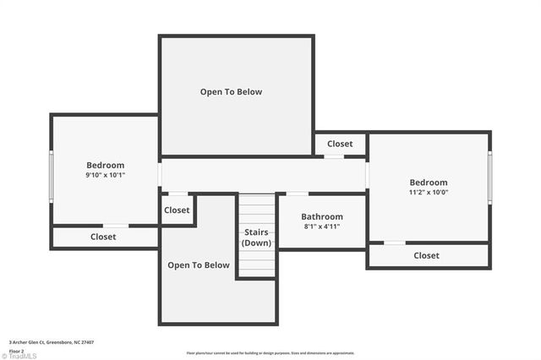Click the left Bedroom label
105,165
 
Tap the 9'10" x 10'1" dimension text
105,175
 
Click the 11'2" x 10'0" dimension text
429,192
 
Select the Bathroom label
322,216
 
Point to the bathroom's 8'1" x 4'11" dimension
322,226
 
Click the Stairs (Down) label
256,237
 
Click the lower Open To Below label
199,265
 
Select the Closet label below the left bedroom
103,237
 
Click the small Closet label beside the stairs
177,210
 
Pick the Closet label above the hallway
340,144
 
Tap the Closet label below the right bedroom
426,255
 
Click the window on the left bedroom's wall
52,176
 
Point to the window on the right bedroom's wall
489,177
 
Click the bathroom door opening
298,194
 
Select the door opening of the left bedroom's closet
116,226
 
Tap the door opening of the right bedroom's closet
395,243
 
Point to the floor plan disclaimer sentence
270,353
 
